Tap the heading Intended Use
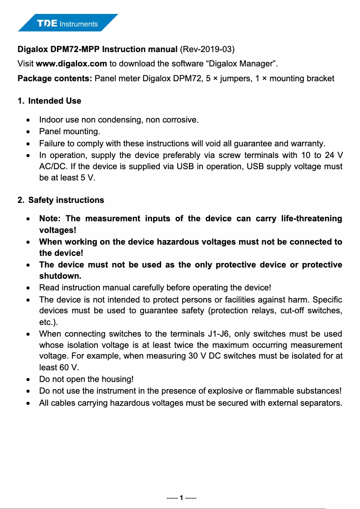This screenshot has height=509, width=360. click(x=54, y=101)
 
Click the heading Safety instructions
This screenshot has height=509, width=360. click(x=66, y=200)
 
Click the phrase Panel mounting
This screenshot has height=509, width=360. click(x=70, y=132)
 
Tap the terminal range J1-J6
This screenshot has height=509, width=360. click(x=218, y=334)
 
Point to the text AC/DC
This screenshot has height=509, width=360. click(x=51, y=167)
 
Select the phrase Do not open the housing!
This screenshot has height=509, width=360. click(x=87, y=380)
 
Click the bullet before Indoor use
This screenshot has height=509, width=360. click(x=29, y=120)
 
